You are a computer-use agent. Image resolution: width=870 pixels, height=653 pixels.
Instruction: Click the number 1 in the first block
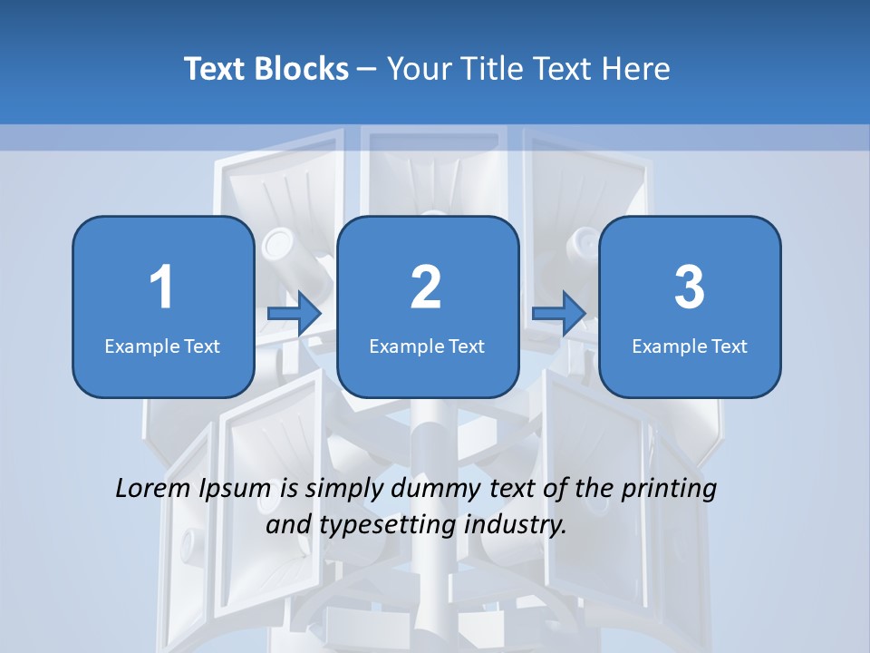[161, 288]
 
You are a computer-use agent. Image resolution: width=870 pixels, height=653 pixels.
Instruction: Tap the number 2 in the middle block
[426, 288]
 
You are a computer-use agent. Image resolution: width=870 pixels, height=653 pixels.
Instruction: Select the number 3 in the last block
[690, 288]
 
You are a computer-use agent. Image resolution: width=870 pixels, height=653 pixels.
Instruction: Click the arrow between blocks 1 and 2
[295, 313]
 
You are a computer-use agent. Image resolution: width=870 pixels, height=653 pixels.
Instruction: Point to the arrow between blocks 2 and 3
[558, 313]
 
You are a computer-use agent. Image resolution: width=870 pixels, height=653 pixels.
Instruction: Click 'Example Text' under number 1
[162, 346]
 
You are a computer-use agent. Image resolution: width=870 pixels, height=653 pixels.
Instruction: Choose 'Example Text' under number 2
[427, 346]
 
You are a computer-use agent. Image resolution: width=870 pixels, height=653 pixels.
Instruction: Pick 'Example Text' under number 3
[690, 346]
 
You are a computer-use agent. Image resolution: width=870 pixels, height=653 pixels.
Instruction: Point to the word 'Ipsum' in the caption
[235, 490]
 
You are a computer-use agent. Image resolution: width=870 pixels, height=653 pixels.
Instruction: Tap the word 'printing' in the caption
[668, 490]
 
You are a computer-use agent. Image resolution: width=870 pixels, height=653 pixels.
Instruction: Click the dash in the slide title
[367, 69]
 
